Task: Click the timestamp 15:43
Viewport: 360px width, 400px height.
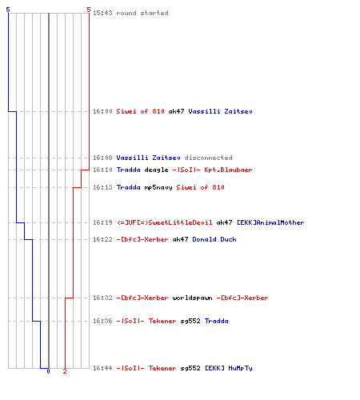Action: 102,13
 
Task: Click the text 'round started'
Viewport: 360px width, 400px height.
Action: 142,13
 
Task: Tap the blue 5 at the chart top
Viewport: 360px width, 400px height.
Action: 8,10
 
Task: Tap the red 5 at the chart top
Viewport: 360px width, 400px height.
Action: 89,10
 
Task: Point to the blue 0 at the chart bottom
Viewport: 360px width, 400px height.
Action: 48,371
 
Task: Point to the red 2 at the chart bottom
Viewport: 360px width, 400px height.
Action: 65,371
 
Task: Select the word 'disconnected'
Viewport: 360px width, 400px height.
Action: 208,158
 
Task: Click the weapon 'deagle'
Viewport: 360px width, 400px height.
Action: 156,170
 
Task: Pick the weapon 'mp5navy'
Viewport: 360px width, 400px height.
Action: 158,187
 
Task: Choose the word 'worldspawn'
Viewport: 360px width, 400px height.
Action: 192,298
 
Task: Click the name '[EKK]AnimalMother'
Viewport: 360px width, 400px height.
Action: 270,222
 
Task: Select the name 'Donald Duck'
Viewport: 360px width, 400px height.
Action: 214,239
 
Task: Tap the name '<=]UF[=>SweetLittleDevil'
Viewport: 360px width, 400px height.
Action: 165,222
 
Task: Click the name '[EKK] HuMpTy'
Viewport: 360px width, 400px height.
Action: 229,368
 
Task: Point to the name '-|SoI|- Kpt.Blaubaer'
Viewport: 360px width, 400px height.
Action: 212,170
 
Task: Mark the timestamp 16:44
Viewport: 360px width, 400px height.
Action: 102,368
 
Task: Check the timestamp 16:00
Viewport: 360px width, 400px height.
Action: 102,111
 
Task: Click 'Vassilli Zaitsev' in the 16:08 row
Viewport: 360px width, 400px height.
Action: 148,158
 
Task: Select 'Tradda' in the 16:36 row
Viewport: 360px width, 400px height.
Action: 216,321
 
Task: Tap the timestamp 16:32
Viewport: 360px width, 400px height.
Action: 102,298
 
